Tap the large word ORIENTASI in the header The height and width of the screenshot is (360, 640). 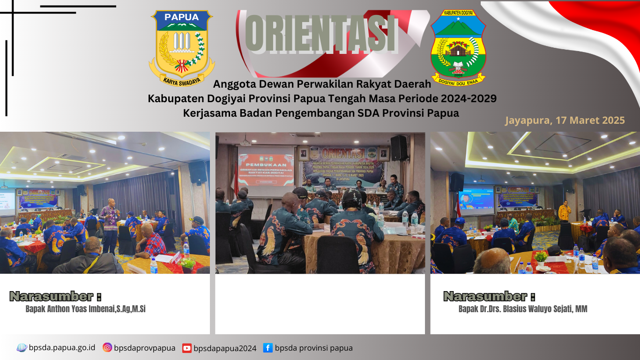322,34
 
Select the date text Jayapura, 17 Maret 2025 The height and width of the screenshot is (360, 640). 565,120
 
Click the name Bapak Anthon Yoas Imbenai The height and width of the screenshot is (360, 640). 86,309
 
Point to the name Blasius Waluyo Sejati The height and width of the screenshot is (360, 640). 523,309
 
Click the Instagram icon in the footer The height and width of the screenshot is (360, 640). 107,348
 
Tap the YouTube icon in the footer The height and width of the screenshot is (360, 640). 187,348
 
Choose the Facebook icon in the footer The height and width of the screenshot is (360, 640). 268,348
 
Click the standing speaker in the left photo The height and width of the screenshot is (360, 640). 109,227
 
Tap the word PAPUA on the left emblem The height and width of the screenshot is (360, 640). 182,17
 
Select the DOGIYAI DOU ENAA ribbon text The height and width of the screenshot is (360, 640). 458,81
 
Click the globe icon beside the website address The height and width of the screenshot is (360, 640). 22,348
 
